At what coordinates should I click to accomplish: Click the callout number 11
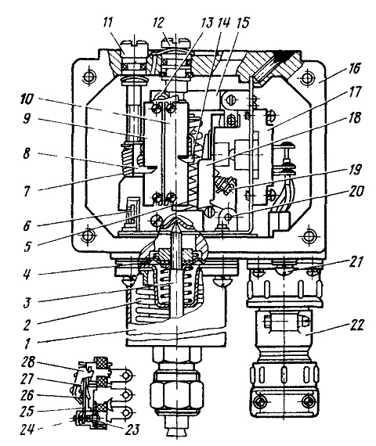[107, 22]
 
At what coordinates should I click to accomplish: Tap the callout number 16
[354, 69]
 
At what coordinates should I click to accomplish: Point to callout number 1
[27, 343]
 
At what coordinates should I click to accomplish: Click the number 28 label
[27, 362]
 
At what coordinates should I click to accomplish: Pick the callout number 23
[132, 430]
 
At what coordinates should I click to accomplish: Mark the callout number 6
[27, 226]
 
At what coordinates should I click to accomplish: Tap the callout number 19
[355, 170]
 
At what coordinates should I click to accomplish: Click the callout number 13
[207, 23]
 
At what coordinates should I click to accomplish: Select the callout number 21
[356, 261]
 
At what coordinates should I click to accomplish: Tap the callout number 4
[27, 274]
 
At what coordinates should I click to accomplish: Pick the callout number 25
[27, 411]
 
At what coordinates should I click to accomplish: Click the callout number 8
[27, 153]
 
